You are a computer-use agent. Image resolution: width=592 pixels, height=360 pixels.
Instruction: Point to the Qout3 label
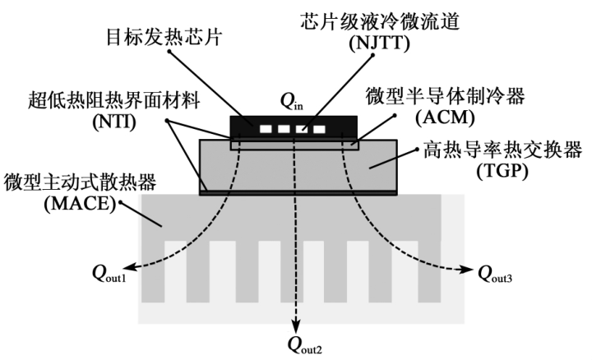point(496,271)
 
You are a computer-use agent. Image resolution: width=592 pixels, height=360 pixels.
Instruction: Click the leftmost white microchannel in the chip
point(265,129)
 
